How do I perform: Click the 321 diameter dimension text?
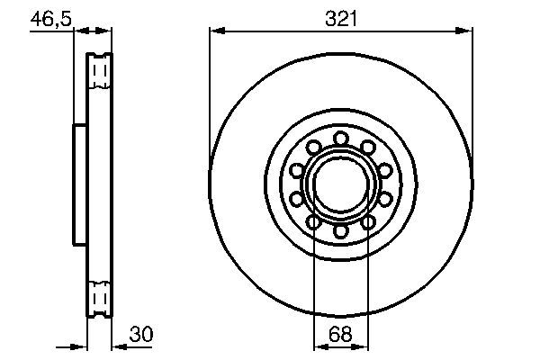pos(340,16)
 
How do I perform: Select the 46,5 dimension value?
pos(51,16)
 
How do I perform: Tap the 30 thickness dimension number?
pos(141,333)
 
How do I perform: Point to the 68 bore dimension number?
pos(340,333)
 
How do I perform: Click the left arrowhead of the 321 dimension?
pos(216,31)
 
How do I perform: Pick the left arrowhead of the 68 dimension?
pos(318,346)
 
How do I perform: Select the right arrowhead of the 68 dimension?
pos(364,346)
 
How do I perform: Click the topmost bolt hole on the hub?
pos(341,138)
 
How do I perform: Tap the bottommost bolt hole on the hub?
pos(341,231)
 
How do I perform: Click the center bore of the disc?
pos(341,184)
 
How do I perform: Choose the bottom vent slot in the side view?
pos(99,296)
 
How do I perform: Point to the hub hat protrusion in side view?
pos(78,184)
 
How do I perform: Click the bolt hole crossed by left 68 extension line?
pos(313,221)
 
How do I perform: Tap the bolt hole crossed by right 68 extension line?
pos(369,221)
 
